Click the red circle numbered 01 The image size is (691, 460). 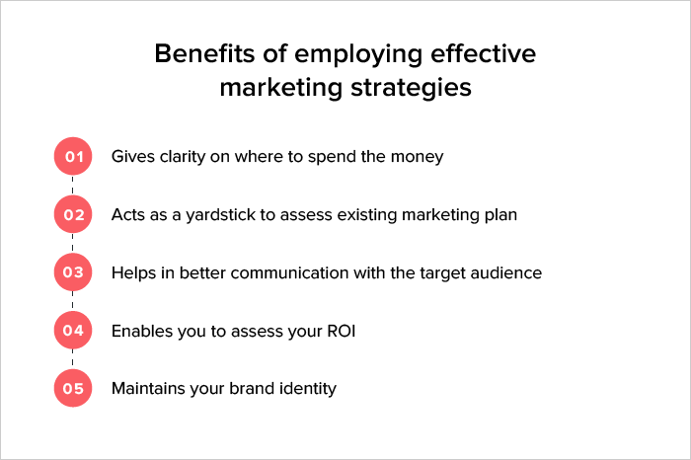[72, 156]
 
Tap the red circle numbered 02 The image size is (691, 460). [72, 214]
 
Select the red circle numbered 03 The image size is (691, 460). [72, 272]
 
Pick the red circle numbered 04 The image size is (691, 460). [72, 331]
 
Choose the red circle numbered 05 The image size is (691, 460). [72, 389]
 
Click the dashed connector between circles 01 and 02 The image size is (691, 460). [72, 186]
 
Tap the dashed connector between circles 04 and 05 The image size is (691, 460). [72, 360]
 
